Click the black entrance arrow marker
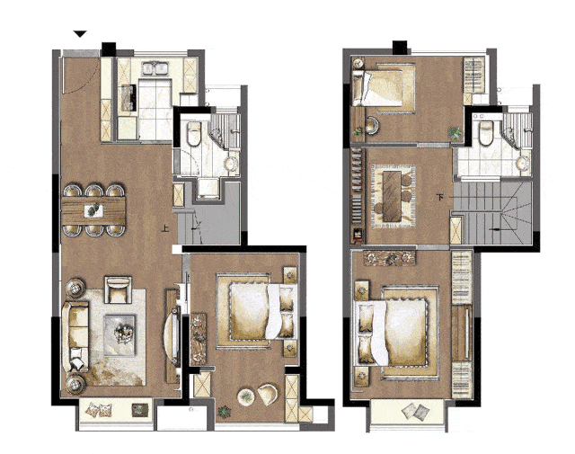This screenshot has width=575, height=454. (x=80, y=34)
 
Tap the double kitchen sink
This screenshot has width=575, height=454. (x=155, y=68)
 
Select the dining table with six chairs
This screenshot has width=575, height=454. (x=93, y=210)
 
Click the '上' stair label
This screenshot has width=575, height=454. (x=165, y=229)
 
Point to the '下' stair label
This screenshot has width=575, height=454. (x=440, y=198)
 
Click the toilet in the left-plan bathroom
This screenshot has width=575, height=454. (x=194, y=133)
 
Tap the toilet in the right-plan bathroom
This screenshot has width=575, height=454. (x=486, y=133)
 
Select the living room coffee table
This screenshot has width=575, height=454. (x=119, y=335)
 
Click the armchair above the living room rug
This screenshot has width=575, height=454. (x=118, y=289)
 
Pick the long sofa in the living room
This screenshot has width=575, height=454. (x=75, y=336)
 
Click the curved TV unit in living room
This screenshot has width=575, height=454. (x=172, y=336)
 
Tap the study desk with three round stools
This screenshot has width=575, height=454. (x=394, y=196)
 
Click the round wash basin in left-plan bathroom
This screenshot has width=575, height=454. (x=231, y=164)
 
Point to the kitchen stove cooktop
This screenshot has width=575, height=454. (x=128, y=98)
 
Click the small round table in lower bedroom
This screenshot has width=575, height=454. (x=245, y=396)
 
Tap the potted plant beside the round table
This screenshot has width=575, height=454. (x=224, y=412)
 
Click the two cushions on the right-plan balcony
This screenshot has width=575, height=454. (x=415, y=412)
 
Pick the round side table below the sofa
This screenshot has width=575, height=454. (x=75, y=385)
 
